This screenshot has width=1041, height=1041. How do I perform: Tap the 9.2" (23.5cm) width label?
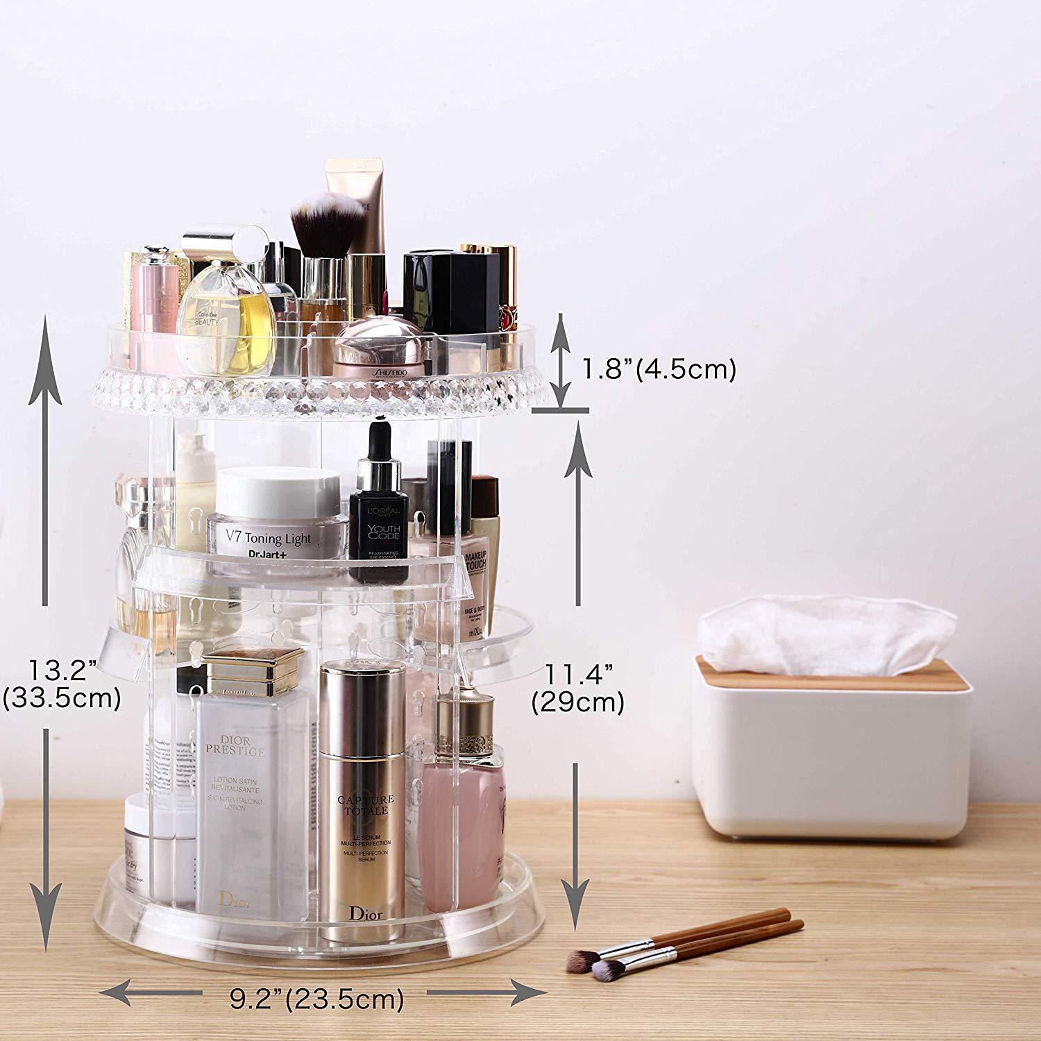[316, 999]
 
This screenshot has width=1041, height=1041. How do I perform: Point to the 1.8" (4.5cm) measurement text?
[658, 369]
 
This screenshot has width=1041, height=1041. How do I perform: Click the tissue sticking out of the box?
[826, 632]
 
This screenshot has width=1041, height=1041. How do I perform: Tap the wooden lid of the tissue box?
[833, 679]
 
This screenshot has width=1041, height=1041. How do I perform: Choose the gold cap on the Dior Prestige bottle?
[253, 670]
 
